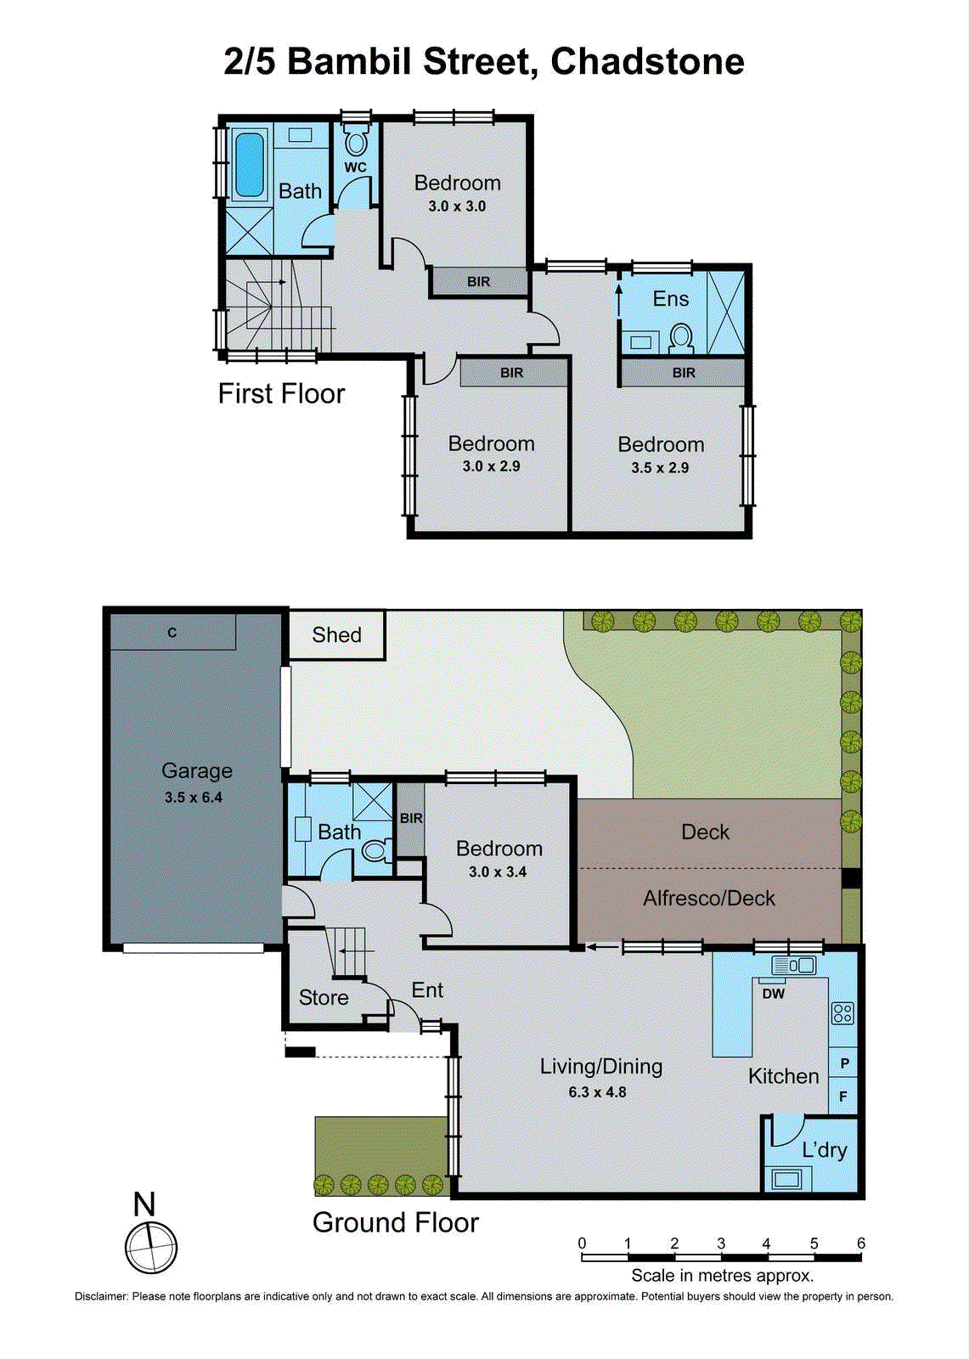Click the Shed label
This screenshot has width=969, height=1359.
click(x=336, y=635)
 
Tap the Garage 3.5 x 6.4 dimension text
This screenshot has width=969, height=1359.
click(x=194, y=798)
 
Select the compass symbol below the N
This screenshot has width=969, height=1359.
click(x=151, y=1247)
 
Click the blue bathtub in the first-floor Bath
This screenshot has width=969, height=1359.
click(x=249, y=164)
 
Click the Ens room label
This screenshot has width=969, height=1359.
click(x=670, y=299)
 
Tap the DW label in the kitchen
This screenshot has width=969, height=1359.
click(x=773, y=994)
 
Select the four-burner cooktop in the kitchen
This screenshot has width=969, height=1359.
click(x=842, y=1012)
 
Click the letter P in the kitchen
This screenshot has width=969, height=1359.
click(x=844, y=1063)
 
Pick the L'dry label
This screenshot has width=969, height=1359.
click(x=824, y=1150)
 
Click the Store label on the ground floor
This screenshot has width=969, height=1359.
click(x=324, y=998)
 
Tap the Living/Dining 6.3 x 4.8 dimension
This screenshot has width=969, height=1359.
click(x=597, y=1092)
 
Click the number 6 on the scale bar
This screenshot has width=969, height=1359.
click(x=860, y=1243)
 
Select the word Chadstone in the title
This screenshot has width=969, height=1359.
click(x=647, y=62)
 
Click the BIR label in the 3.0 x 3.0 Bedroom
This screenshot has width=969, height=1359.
click(x=478, y=282)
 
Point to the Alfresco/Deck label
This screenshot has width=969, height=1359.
click(x=709, y=899)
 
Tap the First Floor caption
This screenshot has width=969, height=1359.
click(x=281, y=394)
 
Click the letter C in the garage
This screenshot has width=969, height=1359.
click(x=172, y=633)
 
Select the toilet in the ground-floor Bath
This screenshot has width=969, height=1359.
click(x=375, y=849)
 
